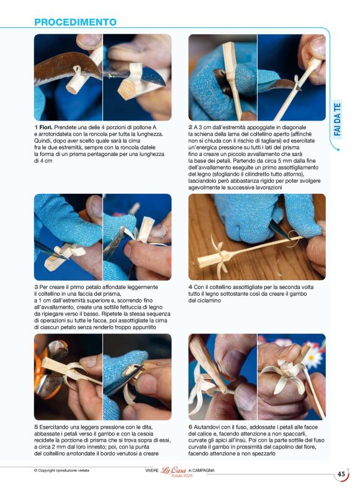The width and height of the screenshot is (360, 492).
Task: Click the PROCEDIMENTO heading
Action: point(75,22)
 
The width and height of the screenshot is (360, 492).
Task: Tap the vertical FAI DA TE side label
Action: point(337,119)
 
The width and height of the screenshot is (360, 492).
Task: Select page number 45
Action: point(341,474)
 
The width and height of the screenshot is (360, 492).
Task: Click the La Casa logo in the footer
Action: point(173,470)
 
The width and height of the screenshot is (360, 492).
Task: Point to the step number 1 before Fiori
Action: point(36,127)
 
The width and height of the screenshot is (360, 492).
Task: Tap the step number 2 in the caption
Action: point(191,127)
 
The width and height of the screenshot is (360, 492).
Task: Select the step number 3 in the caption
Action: point(36,287)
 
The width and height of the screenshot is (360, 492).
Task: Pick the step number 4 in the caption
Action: point(191,287)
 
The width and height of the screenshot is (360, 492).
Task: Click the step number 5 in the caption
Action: point(36,427)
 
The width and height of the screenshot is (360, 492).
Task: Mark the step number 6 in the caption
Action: point(191,427)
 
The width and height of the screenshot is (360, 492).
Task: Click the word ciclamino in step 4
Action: point(210,301)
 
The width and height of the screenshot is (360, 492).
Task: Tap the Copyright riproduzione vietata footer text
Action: point(61,470)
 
